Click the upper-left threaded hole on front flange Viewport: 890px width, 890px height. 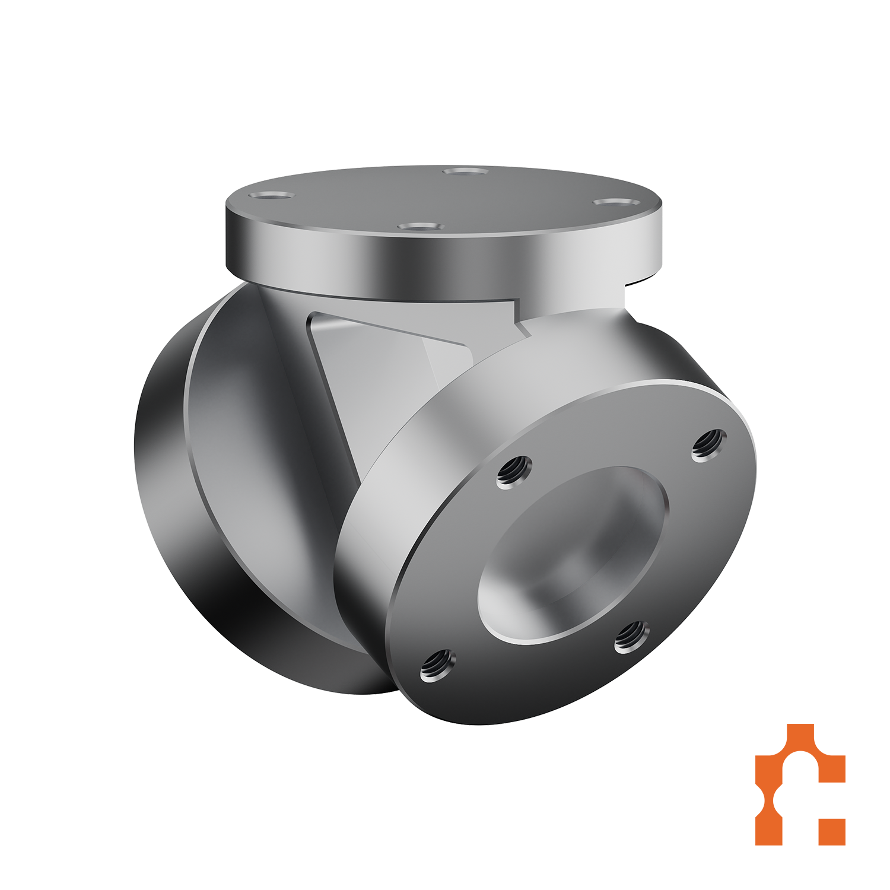point(513,472)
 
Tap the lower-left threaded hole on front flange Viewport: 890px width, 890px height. point(438,665)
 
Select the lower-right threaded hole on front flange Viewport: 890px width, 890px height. point(631,637)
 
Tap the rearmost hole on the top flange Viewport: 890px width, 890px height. point(466,172)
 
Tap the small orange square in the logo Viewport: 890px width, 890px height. point(831,832)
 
